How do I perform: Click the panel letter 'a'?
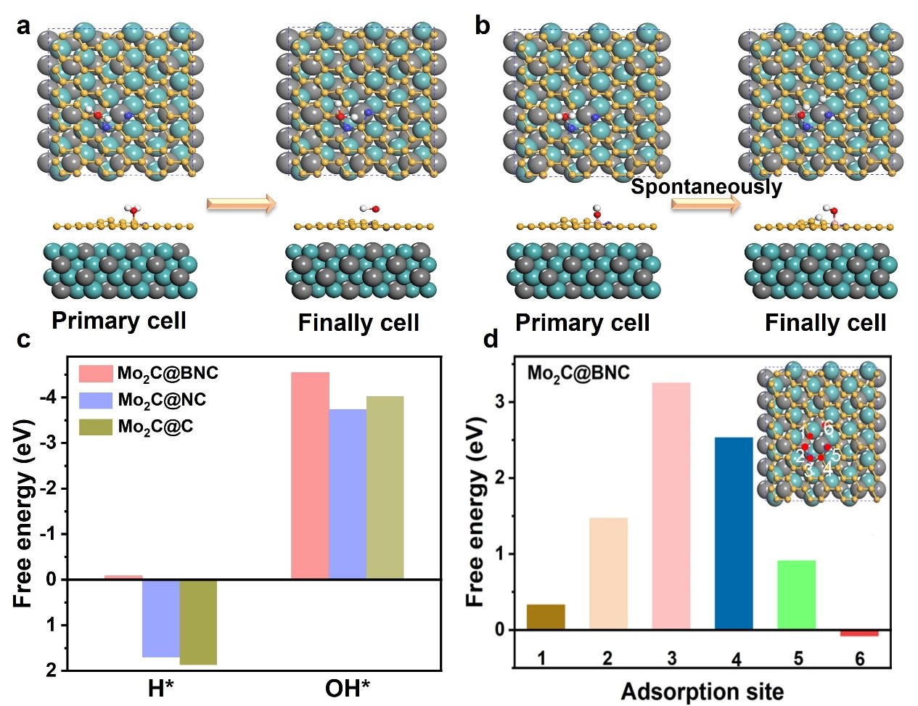point(25,27)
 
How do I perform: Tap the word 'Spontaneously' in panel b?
point(706,187)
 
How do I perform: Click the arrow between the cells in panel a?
point(242,204)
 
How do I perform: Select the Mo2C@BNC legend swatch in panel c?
point(96,374)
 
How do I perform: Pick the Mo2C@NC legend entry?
point(161,400)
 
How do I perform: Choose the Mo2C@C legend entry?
point(155,427)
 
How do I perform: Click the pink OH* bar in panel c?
point(310,475)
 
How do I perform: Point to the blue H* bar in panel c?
point(160,618)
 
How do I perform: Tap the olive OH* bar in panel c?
point(385,487)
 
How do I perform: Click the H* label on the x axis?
point(161,687)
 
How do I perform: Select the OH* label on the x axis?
point(347,687)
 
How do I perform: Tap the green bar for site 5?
point(796,594)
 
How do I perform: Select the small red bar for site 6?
point(859,633)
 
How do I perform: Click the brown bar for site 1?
point(545,617)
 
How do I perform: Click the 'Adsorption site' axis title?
point(702,691)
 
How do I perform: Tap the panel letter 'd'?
point(491,340)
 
